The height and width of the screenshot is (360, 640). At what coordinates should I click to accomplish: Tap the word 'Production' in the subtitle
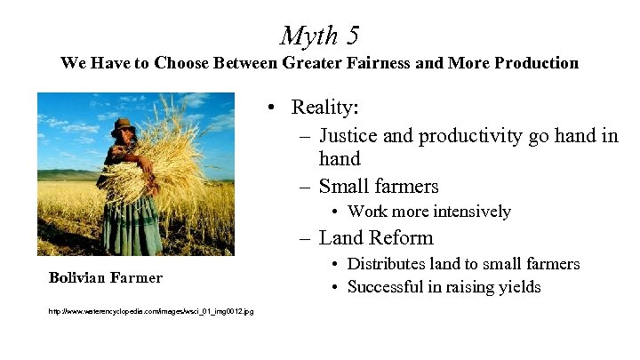533,63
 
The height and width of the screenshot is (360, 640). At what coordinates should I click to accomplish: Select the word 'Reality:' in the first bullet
325,108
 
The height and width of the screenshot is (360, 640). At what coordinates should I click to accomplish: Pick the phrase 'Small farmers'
379,186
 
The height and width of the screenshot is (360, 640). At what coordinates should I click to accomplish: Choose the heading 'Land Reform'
376,237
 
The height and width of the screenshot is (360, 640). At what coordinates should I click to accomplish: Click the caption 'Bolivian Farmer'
106,277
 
